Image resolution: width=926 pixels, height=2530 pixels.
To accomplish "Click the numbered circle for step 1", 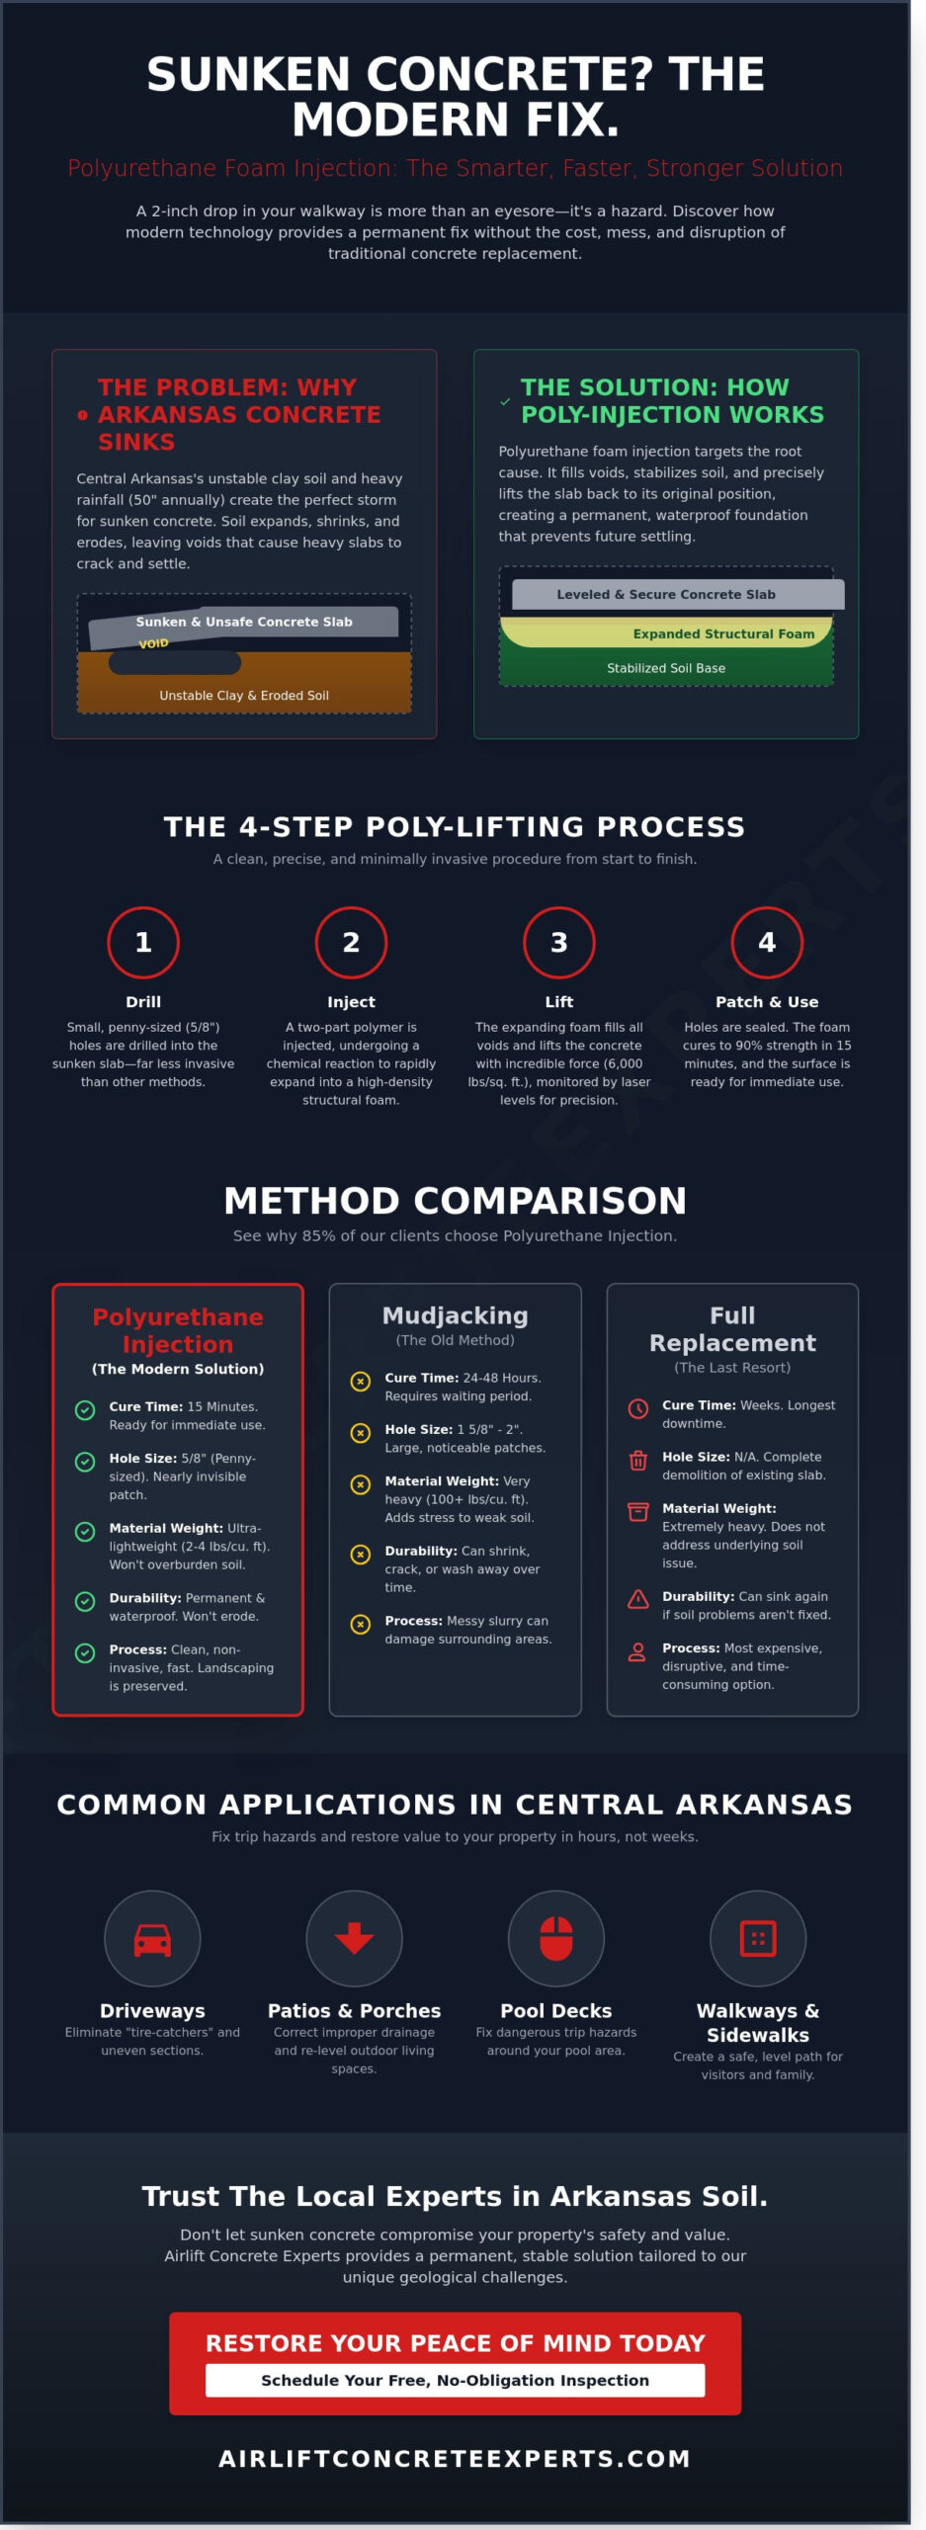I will (143, 942).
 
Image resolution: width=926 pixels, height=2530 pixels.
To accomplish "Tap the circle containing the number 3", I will (558, 942).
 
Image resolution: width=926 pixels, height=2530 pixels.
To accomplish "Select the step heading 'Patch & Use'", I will (766, 1001).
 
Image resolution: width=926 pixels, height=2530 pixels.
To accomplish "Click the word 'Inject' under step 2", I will (351, 1001).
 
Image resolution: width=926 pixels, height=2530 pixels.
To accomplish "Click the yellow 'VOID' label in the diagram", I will (153, 643).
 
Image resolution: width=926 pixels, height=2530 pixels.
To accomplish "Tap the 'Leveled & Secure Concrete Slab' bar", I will (666, 594).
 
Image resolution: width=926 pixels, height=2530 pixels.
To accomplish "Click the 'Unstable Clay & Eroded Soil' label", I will (244, 695).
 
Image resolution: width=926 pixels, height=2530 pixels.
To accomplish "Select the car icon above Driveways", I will (152, 1938).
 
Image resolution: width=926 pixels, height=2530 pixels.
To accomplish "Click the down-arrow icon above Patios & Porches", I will (354, 1938).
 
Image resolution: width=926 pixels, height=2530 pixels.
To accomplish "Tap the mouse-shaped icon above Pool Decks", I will (555, 1938).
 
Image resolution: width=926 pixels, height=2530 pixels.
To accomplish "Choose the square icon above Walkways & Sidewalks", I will (758, 1938).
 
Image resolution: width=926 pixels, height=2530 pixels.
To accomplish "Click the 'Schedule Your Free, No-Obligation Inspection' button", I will (455, 2380).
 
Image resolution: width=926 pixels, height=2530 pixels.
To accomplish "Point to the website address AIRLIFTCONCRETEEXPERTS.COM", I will (455, 2458).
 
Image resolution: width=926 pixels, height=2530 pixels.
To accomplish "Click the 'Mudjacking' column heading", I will (455, 1315).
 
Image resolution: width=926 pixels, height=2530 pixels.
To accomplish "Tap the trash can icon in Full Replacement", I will (638, 1460).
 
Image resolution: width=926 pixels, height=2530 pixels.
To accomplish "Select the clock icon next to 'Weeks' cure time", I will (638, 1408).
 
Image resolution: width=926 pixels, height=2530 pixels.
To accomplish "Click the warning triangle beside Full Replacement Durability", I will (638, 1599).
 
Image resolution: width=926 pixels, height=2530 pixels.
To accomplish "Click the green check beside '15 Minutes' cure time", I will (85, 1410).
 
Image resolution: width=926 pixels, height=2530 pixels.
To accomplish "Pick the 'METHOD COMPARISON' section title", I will (455, 1201).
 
